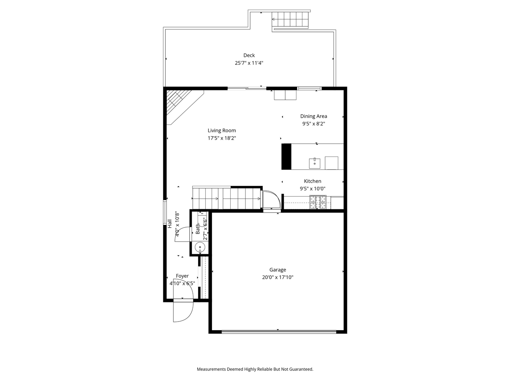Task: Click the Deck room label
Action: pyautogui.click(x=249, y=55)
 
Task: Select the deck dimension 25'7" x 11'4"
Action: pyautogui.click(x=249, y=63)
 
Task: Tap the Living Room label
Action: pyautogui.click(x=222, y=131)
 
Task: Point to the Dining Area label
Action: pyautogui.click(x=314, y=116)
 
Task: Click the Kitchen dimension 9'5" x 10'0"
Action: pyautogui.click(x=312, y=189)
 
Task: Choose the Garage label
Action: pyautogui.click(x=277, y=270)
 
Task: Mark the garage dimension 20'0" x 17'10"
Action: pyautogui.click(x=277, y=277)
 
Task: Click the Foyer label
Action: pyautogui.click(x=182, y=276)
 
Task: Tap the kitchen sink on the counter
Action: pyautogui.click(x=314, y=162)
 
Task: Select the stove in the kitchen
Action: pyautogui.click(x=318, y=203)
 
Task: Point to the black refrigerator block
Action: pyautogui.click(x=286, y=157)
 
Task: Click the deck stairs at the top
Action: pyautogui.click(x=290, y=19)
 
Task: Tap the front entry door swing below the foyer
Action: pyautogui.click(x=182, y=311)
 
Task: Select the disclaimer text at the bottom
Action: pyautogui.click(x=255, y=369)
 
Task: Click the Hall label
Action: pyautogui.click(x=169, y=224)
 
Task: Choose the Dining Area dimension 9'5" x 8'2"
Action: pyautogui.click(x=314, y=124)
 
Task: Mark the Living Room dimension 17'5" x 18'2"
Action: pyautogui.click(x=222, y=138)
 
